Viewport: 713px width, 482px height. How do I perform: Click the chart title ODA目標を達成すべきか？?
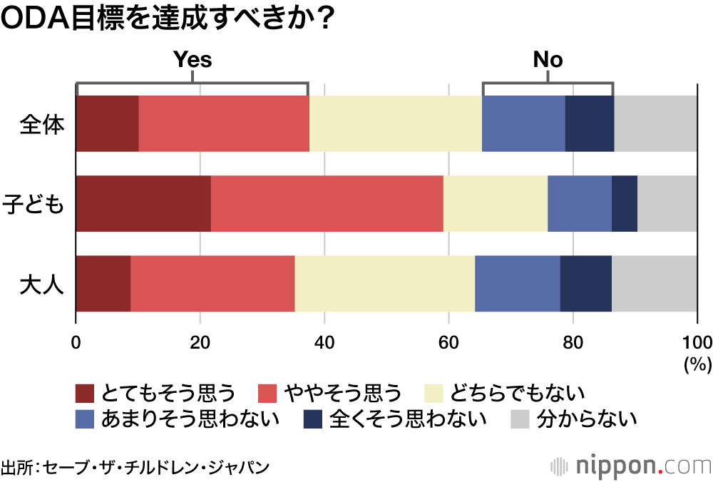tap(168, 20)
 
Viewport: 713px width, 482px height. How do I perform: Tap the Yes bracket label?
tap(193, 60)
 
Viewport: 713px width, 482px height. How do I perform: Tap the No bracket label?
tap(548, 60)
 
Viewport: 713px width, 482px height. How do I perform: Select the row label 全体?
tap(42, 124)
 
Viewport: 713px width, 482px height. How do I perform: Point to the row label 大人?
tap(42, 284)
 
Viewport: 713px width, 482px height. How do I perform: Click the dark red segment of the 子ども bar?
tap(143, 204)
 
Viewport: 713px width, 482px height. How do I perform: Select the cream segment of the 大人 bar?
tap(384, 284)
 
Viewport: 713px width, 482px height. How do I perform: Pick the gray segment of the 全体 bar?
tap(655, 124)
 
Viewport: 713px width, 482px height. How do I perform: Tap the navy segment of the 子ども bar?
tap(624, 204)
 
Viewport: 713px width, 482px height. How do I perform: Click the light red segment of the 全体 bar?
tap(224, 124)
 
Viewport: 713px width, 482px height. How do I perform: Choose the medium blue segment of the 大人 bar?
tap(517, 284)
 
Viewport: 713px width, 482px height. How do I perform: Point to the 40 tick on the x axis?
tap(324, 340)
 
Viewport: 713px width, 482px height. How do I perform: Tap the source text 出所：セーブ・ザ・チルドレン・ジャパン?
tap(135, 468)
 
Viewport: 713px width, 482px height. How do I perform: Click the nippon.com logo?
tap(631, 467)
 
